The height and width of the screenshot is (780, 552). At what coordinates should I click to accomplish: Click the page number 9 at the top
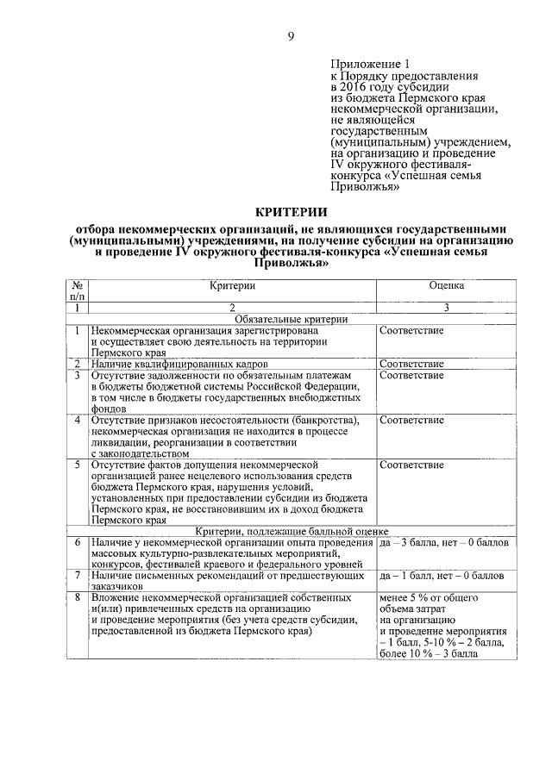[291, 35]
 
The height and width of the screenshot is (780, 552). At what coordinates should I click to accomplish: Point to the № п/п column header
[77, 290]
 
